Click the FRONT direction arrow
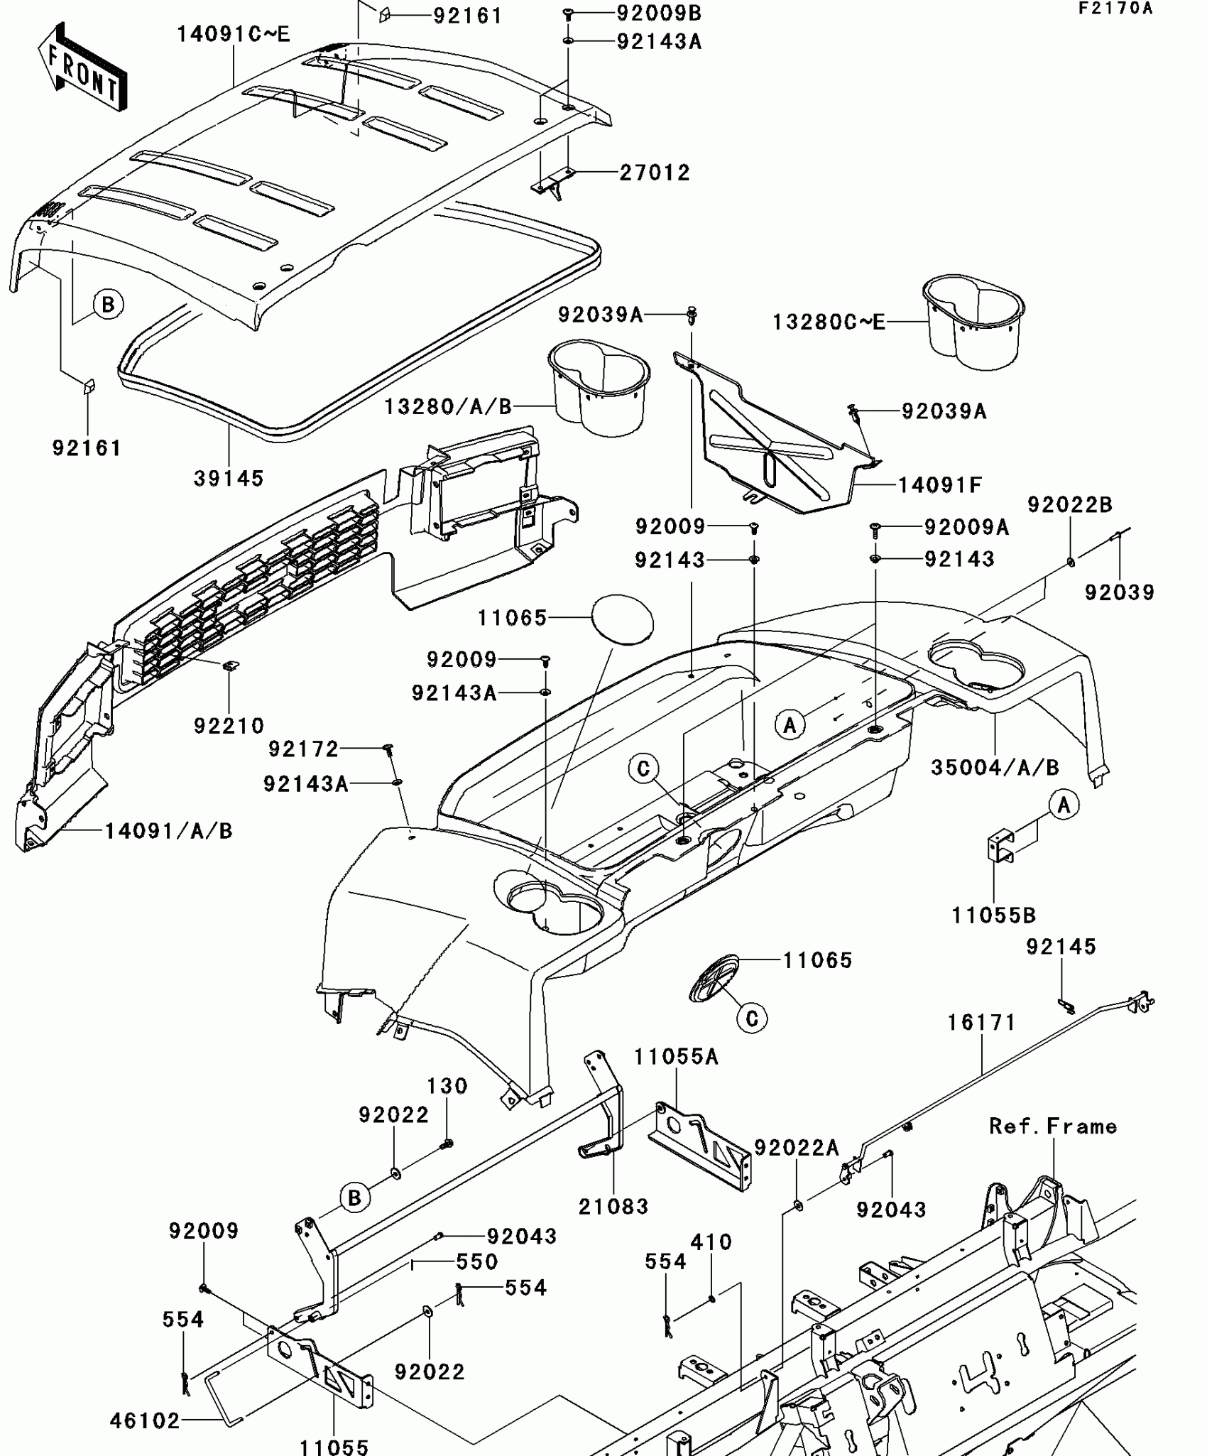82,67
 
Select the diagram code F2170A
1115,9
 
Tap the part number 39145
229,479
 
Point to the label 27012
655,173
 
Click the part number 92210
229,726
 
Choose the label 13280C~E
829,322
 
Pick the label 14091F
940,485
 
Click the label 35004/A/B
995,767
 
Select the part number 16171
982,1023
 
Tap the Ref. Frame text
1053,1126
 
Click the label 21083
613,1206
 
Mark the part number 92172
303,749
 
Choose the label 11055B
994,916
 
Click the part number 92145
1061,946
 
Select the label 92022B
1070,505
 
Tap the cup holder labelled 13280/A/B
599,388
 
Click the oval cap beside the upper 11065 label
622,619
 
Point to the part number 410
711,1242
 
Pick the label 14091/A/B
169,831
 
